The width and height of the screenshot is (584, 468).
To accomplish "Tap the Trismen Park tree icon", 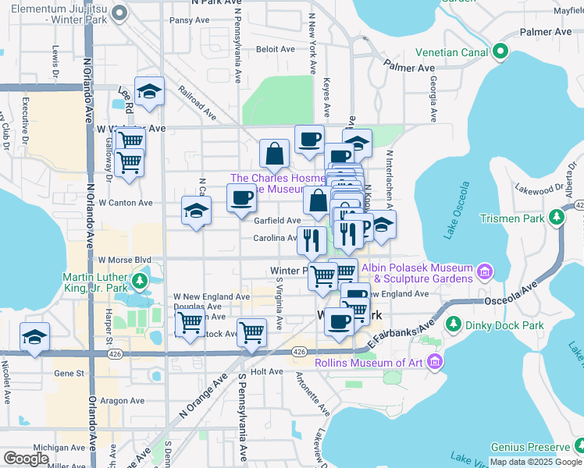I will click(557, 218).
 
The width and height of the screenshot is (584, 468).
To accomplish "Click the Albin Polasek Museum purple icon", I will click(485, 271).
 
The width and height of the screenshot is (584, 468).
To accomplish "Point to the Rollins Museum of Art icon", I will click(435, 363).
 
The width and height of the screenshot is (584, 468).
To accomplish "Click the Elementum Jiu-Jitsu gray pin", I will click(119, 13).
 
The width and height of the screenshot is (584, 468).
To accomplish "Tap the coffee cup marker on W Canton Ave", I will click(242, 198).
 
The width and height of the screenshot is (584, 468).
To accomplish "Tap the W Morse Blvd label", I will click(124, 259).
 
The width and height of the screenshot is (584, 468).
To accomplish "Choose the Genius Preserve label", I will click(529, 447).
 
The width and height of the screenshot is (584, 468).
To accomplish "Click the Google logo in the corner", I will click(26, 459).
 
